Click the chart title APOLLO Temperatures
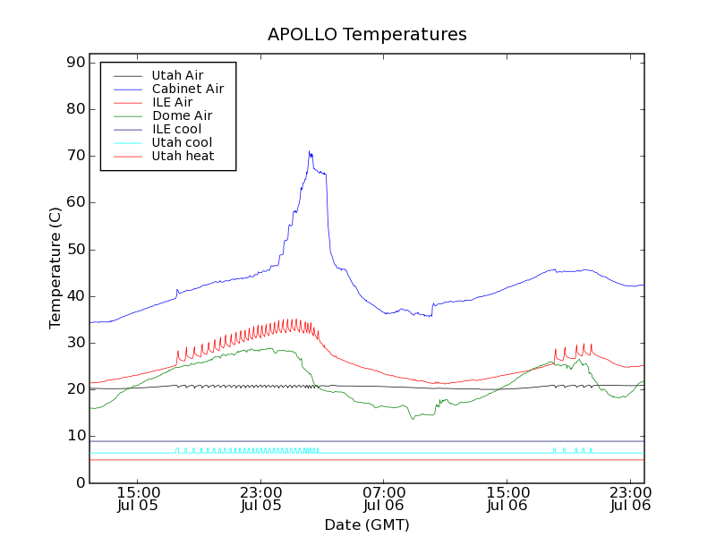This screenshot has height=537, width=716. (367, 35)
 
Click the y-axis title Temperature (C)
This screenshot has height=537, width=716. (55, 268)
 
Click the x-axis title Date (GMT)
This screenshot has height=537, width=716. (367, 524)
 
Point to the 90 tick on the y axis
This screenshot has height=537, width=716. (75, 63)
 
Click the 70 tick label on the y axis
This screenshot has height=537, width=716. (75, 156)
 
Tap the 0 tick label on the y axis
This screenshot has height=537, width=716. (80, 482)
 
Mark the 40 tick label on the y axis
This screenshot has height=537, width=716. (75, 296)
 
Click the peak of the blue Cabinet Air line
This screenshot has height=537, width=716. (309, 152)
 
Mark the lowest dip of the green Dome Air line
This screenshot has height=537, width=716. (413, 418)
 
